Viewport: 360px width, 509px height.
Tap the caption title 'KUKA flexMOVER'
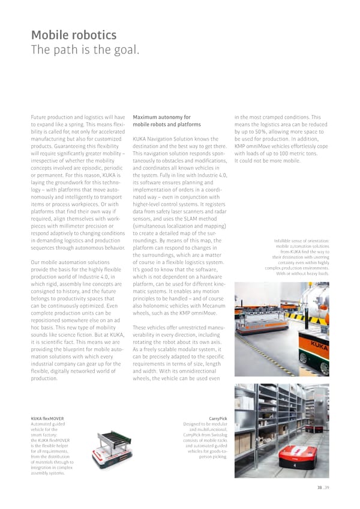47,418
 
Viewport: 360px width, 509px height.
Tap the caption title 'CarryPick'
217,418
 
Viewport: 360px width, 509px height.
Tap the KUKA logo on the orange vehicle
319,345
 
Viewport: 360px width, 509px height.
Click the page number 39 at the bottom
326,487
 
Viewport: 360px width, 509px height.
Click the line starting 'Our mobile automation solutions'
74,262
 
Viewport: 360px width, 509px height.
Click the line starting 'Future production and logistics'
76,117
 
